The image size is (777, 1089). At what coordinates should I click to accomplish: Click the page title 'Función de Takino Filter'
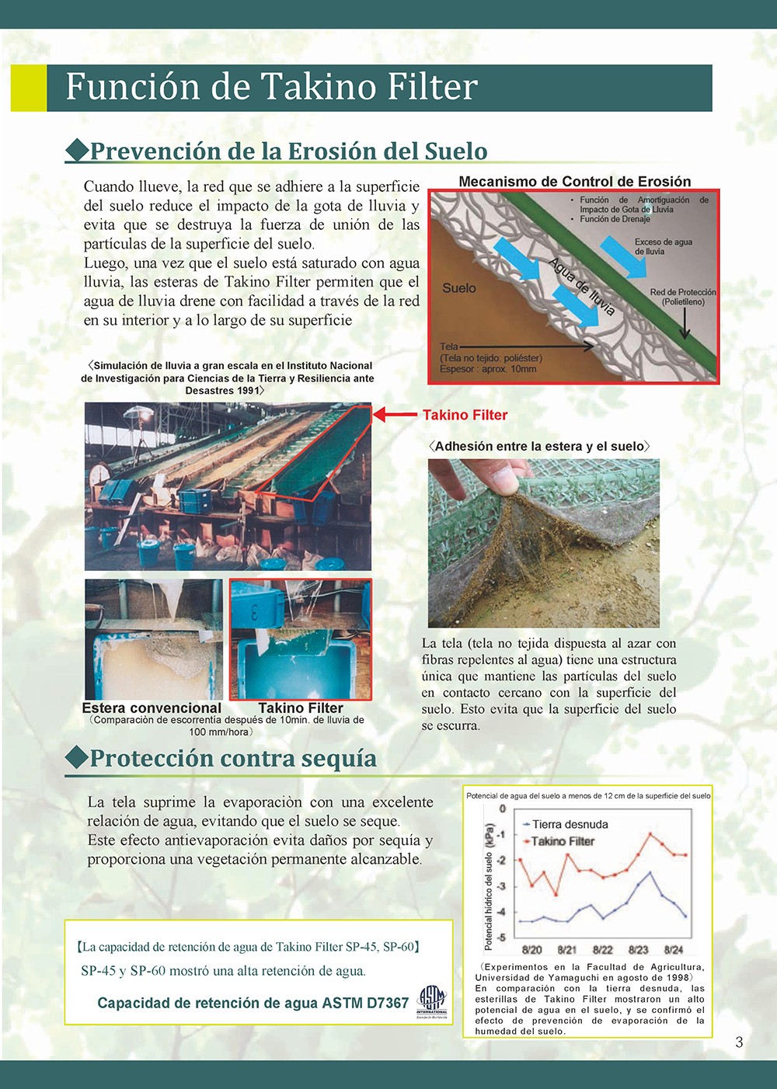271,87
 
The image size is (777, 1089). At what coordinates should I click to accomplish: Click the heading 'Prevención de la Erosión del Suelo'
288,151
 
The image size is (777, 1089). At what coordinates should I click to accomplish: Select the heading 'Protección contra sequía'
232,758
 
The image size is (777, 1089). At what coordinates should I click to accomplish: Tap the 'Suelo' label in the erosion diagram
459,288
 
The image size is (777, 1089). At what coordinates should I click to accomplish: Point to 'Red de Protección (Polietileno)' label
682,297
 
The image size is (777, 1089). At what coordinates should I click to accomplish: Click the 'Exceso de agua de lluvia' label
663,246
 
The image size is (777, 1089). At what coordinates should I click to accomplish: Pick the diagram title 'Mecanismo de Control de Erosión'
574,182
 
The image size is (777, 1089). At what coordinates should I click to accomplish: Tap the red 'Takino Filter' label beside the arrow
465,415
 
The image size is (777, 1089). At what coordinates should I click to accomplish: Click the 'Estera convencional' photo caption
152,708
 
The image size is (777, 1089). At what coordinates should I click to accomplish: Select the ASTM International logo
432,1002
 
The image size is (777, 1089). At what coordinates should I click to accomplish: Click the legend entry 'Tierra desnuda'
570,824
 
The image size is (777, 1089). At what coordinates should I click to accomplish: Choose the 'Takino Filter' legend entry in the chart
563,841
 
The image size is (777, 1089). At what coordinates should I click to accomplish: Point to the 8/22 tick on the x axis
602,949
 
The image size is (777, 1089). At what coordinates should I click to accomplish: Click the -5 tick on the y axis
502,938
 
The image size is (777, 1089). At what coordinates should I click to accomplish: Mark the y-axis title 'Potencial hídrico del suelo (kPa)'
489,886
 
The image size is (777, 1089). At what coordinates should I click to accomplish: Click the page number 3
739,1042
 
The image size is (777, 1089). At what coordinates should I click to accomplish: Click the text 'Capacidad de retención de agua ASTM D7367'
253,1003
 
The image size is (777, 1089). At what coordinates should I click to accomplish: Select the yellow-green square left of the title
28,88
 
